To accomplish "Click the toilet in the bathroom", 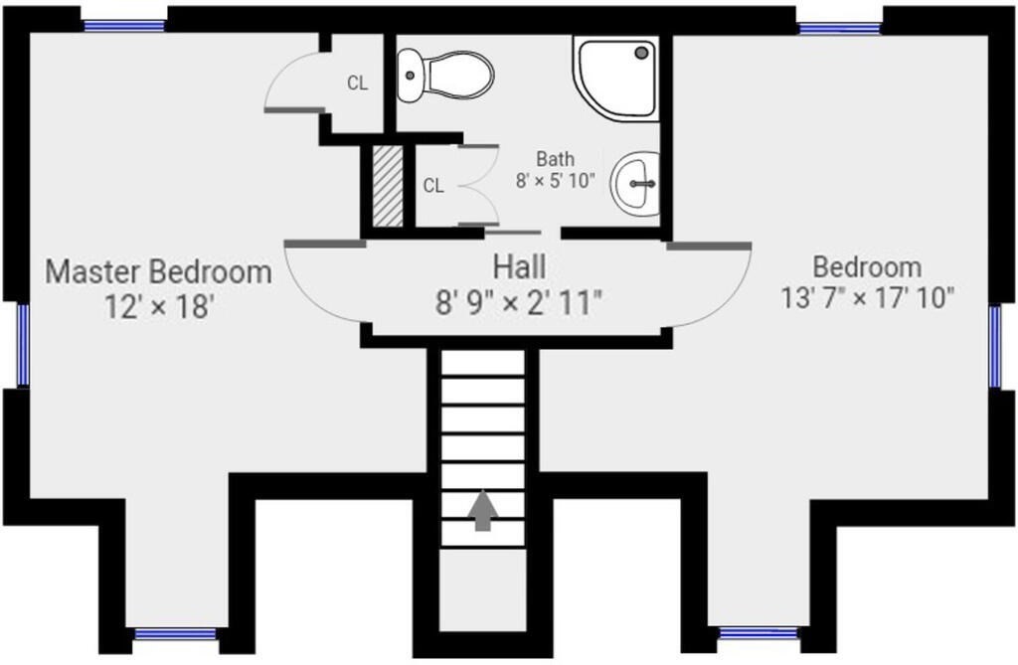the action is click(444, 76).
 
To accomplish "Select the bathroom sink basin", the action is click(635, 184).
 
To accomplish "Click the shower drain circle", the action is click(643, 52).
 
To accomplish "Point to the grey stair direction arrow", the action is click(483, 511).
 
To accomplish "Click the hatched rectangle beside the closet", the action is click(388, 186).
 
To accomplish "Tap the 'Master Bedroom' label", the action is click(158, 271).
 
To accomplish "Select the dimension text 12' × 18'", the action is click(159, 306).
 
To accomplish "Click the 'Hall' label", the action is click(519, 267).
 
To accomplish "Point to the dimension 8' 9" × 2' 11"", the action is click(519, 302).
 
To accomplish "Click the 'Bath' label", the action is click(555, 158).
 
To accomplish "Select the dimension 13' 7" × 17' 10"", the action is click(867, 299).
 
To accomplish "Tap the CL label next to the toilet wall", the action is click(357, 83).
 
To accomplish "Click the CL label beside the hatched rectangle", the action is click(433, 187).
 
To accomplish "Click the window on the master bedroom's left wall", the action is click(23, 345).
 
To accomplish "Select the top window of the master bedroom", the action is click(124, 25).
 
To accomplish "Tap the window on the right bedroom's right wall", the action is click(995, 346).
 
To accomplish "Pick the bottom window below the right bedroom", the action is click(759, 633).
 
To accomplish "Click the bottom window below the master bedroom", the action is click(175, 634).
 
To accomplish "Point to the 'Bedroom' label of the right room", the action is click(867, 267).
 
